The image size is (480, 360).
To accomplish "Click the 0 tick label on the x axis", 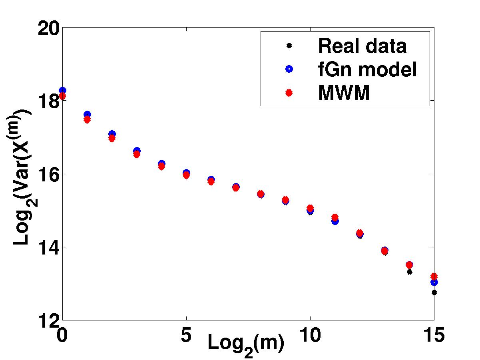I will pos(62,335).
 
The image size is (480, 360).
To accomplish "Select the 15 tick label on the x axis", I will pos(434,335).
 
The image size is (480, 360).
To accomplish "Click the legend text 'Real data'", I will pos(362,46).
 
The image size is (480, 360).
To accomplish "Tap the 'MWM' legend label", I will pos(344,93).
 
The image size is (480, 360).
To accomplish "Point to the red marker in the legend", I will pos(289,93).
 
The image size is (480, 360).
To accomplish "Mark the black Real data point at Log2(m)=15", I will pos(434,292).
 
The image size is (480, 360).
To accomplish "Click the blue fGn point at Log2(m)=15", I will pos(434,282).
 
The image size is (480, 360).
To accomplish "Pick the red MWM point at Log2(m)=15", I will pos(434,276).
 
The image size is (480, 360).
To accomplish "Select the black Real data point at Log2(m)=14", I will pos(409,272).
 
